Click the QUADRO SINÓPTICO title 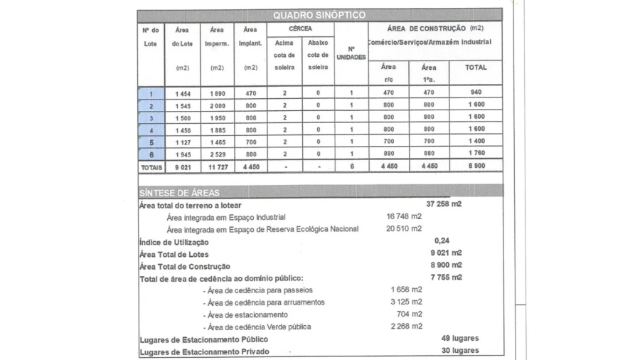[319, 15]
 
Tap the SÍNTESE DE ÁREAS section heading [179, 192]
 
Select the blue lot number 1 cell [151, 93]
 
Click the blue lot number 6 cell [151, 154]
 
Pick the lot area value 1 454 [183, 93]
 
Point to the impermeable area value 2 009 [217, 105]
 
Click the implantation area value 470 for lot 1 [250, 93]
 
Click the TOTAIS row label [151, 167]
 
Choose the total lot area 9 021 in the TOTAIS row [183, 167]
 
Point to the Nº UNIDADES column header [351, 53]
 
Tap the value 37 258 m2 [444, 204]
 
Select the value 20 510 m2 [404, 228]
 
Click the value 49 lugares [459, 339]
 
